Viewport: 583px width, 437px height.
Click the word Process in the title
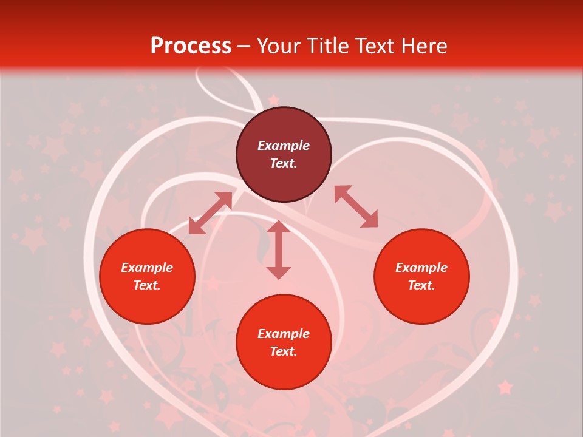(191, 46)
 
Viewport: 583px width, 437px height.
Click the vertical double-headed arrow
(279, 249)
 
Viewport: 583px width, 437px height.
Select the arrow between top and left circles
(211, 213)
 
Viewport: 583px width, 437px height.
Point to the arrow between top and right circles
(356, 206)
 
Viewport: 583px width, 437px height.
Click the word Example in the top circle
(284, 146)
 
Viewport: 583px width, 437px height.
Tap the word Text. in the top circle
(284, 163)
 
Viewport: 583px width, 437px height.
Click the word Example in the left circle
(147, 268)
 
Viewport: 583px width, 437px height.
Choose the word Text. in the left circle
(147, 285)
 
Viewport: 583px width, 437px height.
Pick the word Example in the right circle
(421, 268)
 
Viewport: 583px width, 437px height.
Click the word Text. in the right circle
(421, 285)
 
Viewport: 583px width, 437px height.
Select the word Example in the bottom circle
(284, 334)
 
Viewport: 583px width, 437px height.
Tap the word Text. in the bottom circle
(284, 351)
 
